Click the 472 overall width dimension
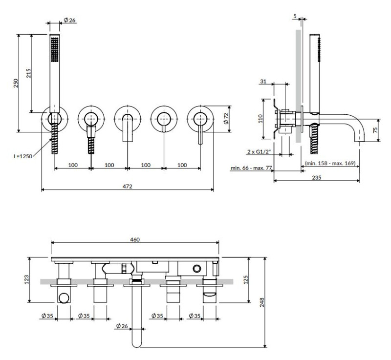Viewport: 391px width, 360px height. tap(128, 186)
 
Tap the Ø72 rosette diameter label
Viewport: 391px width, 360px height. tap(226, 119)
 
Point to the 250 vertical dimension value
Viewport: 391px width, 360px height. tap(16, 84)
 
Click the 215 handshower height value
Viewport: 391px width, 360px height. tap(29, 73)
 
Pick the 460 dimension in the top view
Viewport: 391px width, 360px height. tap(135, 239)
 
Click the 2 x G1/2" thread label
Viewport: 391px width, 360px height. tap(260, 152)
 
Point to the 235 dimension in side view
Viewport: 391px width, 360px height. tap(317, 178)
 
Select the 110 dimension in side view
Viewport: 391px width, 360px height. tap(261, 119)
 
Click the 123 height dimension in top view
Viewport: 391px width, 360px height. tap(27, 279)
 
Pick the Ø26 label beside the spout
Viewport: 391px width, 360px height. tap(122, 326)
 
